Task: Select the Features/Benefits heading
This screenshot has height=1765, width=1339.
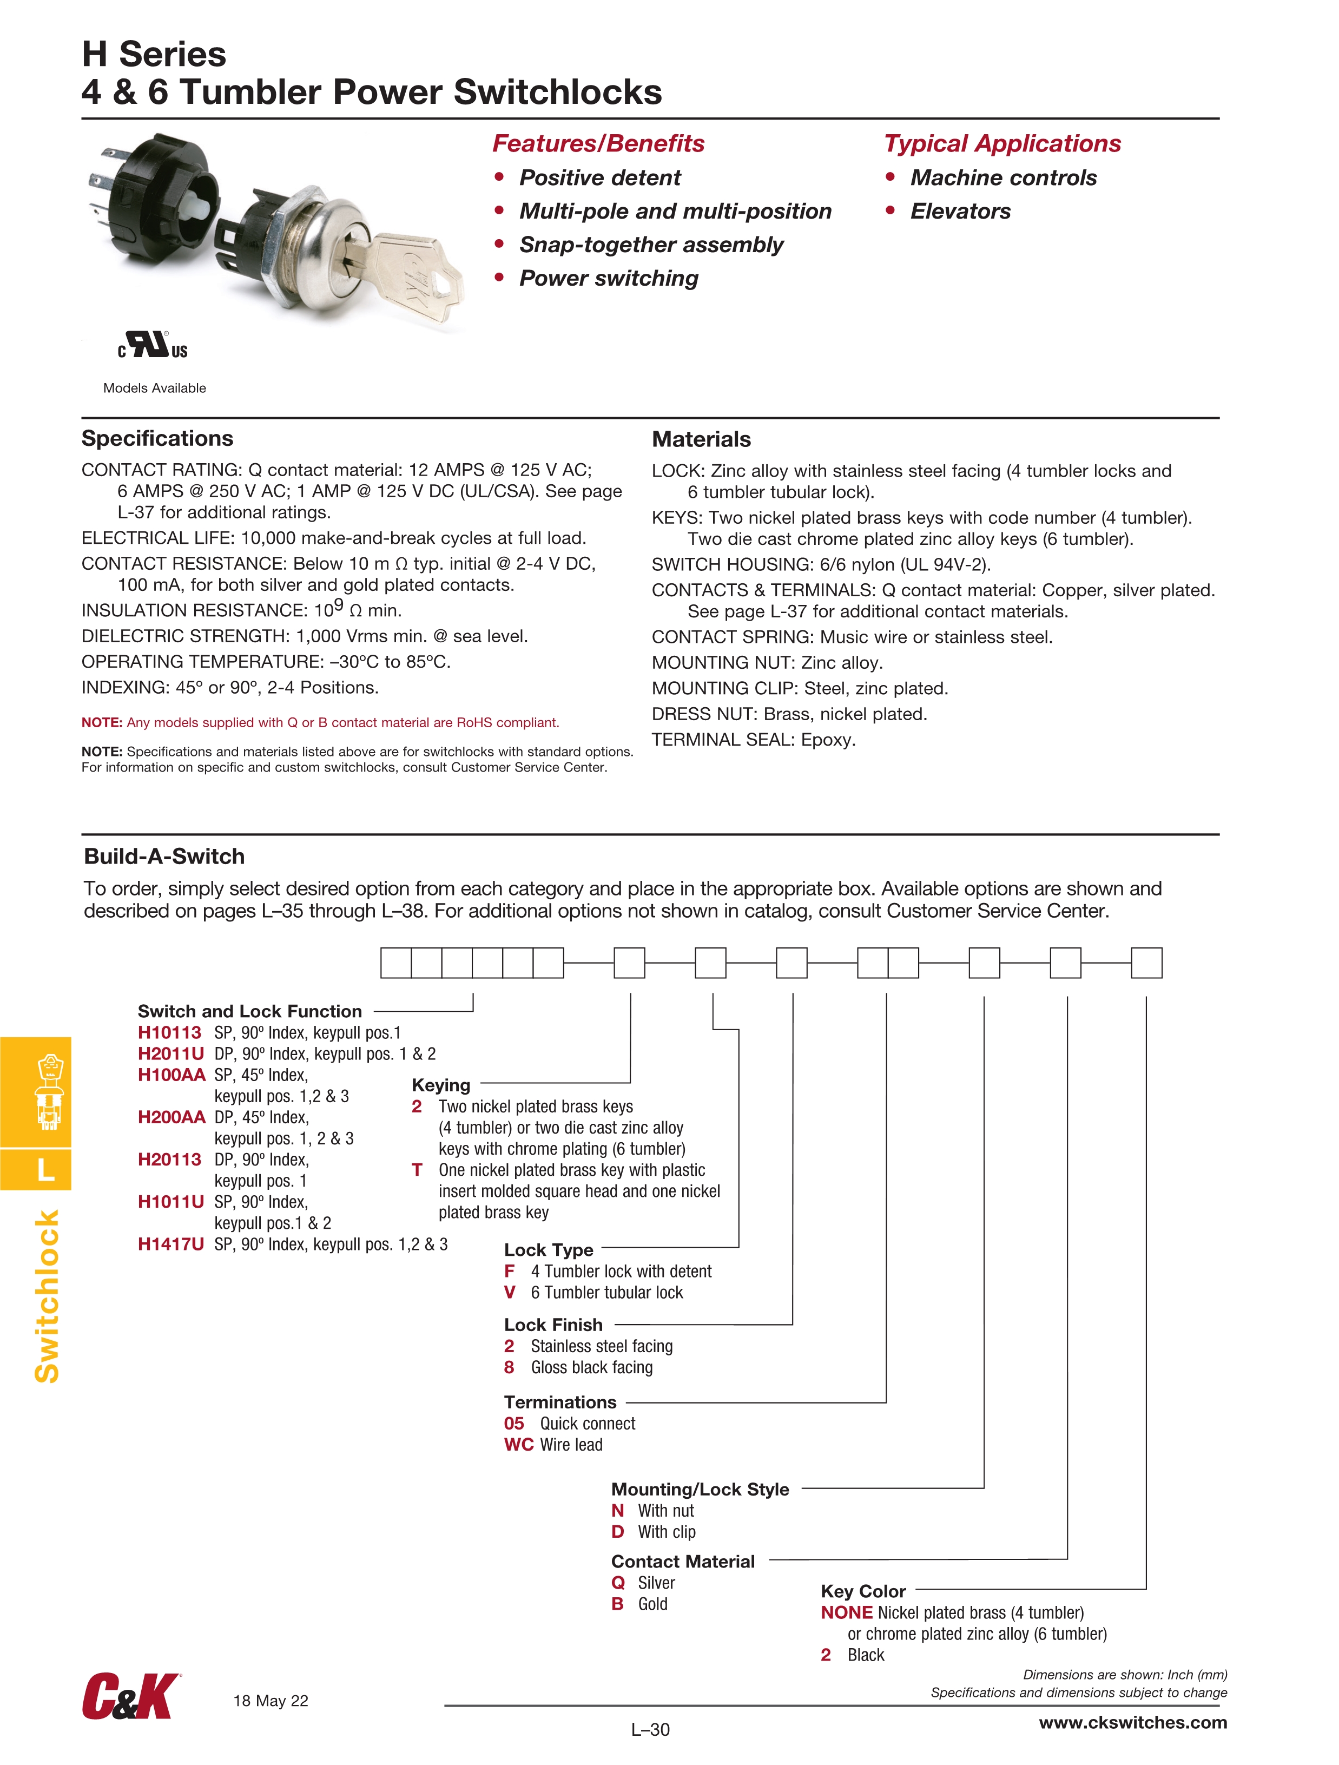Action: pyautogui.click(x=598, y=143)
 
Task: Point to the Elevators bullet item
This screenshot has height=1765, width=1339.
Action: pyautogui.click(x=960, y=212)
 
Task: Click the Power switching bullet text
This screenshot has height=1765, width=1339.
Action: pyautogui.click(x=608, y=279)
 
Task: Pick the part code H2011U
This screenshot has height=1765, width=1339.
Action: pyautogui.click(x=171, y=1054)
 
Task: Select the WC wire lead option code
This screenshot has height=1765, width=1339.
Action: pyautogui.click(x=519, y=1445)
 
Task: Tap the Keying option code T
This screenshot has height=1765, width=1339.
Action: pyautogui.click(x=417, y=1170)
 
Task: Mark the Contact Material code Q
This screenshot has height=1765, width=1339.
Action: pyautogui.click(x=618, y=1583)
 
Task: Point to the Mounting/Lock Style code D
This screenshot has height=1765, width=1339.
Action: pyautogui.click(x=618, y=1532)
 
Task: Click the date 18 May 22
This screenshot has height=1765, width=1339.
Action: pyautogui.click(x=271, y=1701)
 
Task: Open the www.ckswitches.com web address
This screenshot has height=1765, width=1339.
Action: pyautogui.click(x=1132, y=1723)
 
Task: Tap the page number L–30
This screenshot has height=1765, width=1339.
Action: pyautogui.click(x=650, y=1730)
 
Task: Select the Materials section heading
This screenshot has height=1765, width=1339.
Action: pyautogui.click(x=701, y=440)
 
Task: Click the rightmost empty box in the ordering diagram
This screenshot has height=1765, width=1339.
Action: pyautogui.click(x=1146, y=963)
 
